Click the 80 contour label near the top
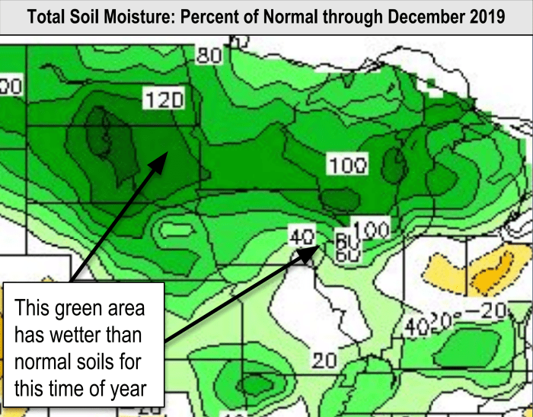click(x=209, y=56)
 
